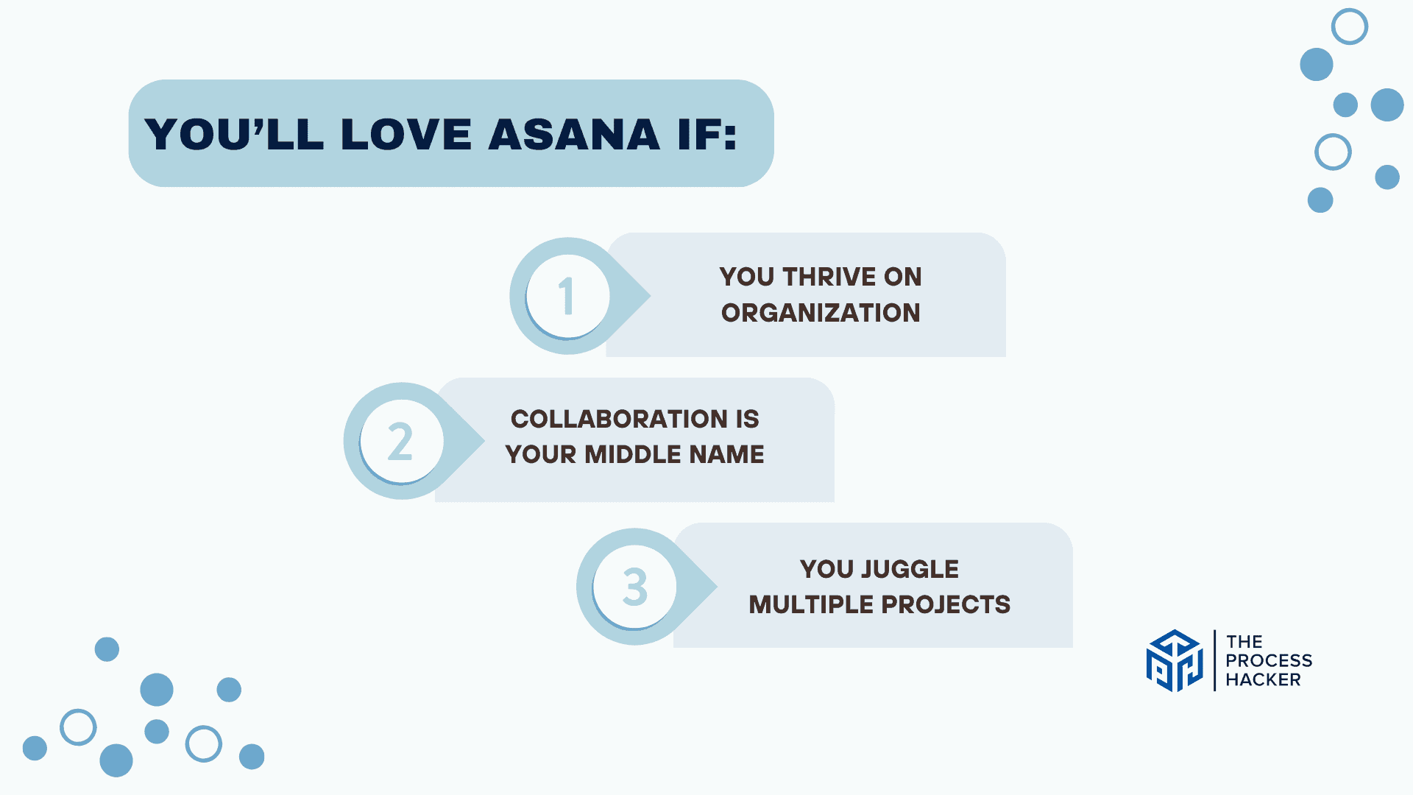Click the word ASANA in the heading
tap(574, 135)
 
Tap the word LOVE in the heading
tap(406, 135)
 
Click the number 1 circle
tap(567, 296)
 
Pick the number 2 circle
tap(401, 441)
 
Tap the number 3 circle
tap(634, 587)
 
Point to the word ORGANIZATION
tap(821, 313)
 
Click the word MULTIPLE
tap(811, 604)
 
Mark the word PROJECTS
tap(946, 604)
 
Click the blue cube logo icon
tap(1175, 660)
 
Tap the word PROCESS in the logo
tap(1269, 660)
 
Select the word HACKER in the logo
tap(1263, 679)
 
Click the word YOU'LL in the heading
tap(234, 135)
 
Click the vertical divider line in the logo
tap(1214, 660)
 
